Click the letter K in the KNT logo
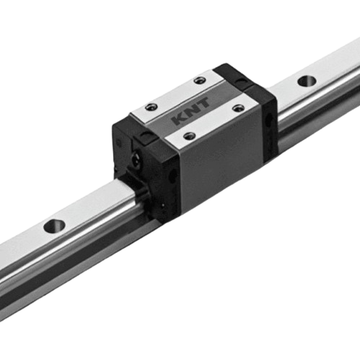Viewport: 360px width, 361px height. (180, 118)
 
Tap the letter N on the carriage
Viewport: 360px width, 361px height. (191, 110)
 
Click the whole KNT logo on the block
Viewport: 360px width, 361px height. (190, 112)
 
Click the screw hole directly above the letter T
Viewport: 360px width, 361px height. (200, 80)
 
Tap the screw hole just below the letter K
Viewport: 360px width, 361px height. (188, 136)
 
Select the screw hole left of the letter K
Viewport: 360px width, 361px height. (152, 106)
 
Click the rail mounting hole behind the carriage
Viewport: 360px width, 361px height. (306, 81)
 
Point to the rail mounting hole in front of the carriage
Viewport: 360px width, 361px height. (55, 226)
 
